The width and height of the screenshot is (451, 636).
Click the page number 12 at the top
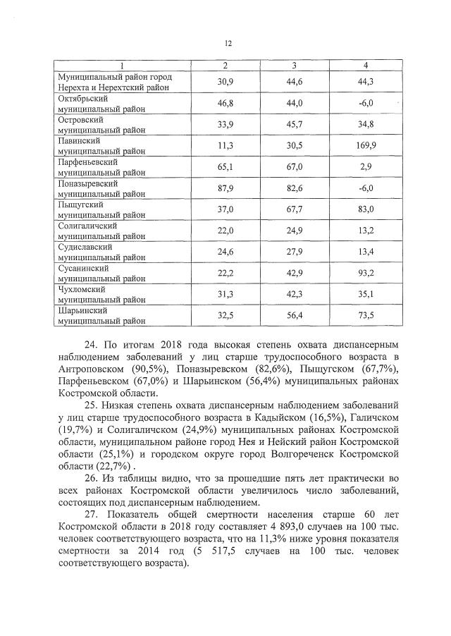click(228, 44)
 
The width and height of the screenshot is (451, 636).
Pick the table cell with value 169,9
click(365, 146)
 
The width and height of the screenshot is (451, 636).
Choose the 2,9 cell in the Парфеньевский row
click(365, 167)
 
